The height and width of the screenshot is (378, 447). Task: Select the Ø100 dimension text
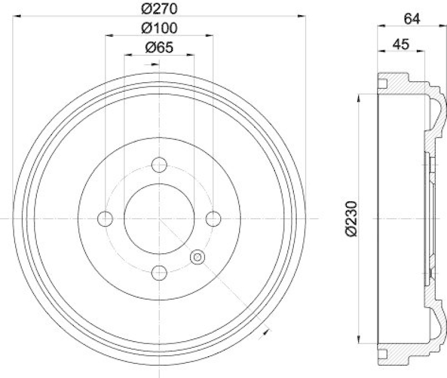coord(159,27)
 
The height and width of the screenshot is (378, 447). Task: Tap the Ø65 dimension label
coord(159,48)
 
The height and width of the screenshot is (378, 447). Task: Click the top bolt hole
coord(159,165)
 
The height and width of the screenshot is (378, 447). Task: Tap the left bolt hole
coord(105,219)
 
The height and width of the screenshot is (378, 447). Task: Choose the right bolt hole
coord(213,219)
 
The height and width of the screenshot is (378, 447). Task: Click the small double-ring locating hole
coord(197,257)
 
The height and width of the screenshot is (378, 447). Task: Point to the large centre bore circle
coord(159,219)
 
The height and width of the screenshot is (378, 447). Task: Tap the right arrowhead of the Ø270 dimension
coord(302,17)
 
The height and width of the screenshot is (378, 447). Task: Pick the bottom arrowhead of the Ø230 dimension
coord(359,341)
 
